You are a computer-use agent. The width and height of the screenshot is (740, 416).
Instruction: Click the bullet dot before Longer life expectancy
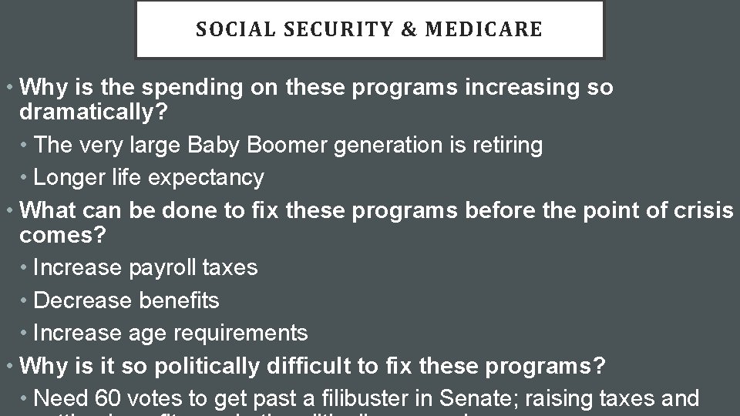click(x=25, y=178)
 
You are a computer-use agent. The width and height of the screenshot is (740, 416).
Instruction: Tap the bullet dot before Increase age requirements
click(x=25, y=334)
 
